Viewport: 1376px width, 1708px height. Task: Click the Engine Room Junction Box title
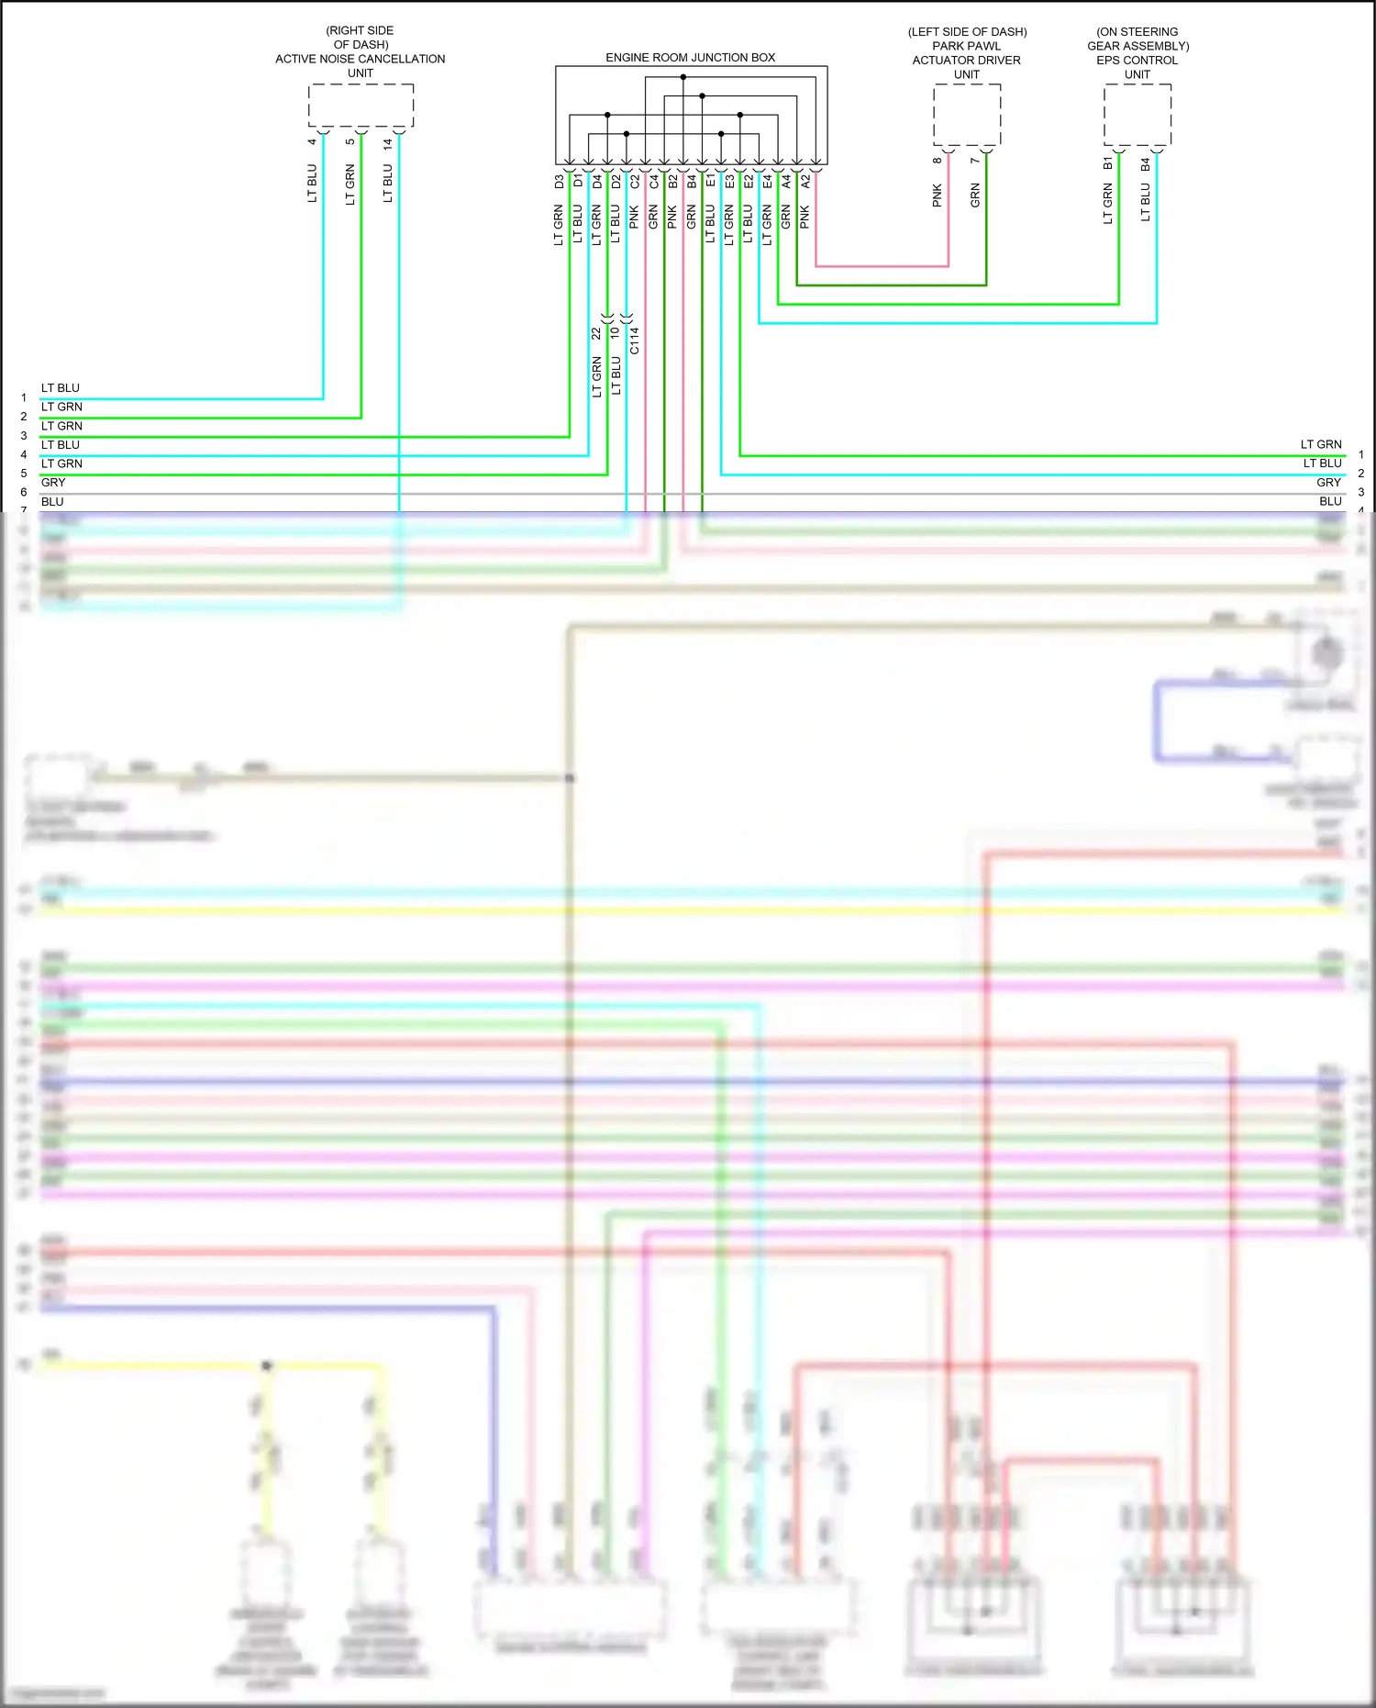click(x=690, y=57)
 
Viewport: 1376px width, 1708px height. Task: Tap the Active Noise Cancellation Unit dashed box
click(x=361, y=106)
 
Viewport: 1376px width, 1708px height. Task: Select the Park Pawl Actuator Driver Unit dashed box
click(x=967, y=114)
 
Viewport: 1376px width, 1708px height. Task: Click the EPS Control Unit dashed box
click(x=1137, y=114)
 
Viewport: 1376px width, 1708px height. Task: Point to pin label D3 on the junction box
click(x=559, y=182)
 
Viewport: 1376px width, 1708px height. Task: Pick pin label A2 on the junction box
click(x=805, y=182)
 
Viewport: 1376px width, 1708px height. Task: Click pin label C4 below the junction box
click(x=653, y=182)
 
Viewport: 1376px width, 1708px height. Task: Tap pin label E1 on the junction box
click(x=710, y=182)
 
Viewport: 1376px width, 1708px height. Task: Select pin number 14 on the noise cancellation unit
click(x=388, y=144)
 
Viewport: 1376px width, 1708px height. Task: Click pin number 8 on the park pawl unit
click(x=937, y=160)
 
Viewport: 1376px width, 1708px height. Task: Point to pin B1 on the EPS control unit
click(x=1107, y=163)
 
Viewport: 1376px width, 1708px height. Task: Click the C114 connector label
click(x=634, y=340)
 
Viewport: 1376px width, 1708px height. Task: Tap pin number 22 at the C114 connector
click(x=596, y=333)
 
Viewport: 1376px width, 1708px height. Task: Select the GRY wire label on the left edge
click(x=53, y=483)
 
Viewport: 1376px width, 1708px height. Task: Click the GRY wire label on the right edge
click(x=1328, y=483)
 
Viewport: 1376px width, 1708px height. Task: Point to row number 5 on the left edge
click(x=24, y=474)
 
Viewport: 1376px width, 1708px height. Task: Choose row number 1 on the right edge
click(x=1361, y=454)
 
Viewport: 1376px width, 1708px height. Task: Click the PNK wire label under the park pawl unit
click(x=937, y=195)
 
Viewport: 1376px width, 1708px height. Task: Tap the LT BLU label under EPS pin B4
click(x=1145, y=203)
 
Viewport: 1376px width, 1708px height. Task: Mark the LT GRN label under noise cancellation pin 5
click(x=350, y=185)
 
